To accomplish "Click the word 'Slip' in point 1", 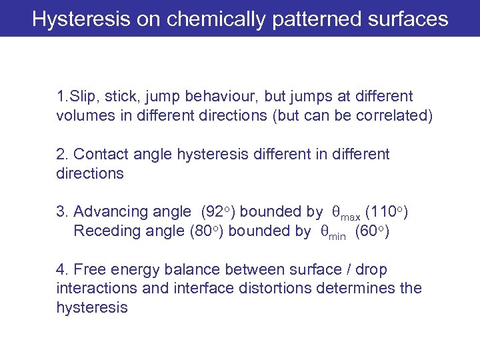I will (x=79, y=97).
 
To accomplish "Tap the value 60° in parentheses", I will (x=372, y=231).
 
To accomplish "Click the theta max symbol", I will (x=347, y=213).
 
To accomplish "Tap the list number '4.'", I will (x=63, y=270).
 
